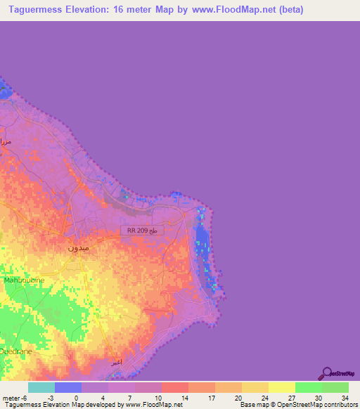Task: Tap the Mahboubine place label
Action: tap(25, 280)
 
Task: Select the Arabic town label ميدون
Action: tap(78, 247)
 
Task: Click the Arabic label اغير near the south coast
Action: tap(116, 363)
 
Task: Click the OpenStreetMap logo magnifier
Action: tap(327, 373)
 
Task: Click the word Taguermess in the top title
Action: tap(37, 10)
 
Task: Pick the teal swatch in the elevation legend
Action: tap(41, 387)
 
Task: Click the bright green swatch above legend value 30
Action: tap(308, 387)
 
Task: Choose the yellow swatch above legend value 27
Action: tap(281, 387)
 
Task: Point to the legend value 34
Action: tap(345, 397)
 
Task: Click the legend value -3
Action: tap(50, 397)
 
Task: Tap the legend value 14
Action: tap(184, 397)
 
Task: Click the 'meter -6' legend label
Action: tap(14, 397)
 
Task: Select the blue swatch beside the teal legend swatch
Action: tap(68, 387)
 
